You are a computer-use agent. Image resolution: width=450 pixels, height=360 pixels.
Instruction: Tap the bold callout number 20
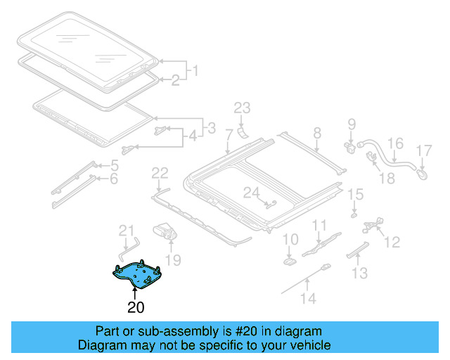click(x=136, y=307)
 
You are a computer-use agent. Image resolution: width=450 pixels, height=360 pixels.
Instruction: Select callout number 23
click(x=242, y=108)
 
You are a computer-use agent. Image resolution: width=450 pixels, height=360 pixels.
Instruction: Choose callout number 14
click(x=309, y=298)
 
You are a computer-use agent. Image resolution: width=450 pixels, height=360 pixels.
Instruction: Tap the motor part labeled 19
click(x=165, y=230)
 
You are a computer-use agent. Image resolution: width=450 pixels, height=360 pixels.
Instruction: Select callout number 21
click(x=125, y=230)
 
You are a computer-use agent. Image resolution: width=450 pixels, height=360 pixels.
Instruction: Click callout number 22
click(x=160, y=173)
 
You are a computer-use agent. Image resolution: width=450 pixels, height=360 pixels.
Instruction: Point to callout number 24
click(x=252, y=192)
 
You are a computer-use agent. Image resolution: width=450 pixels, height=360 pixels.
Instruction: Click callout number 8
click(x=316, y=132)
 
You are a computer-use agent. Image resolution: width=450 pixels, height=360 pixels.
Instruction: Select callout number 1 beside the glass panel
click(x=195, y=71)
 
